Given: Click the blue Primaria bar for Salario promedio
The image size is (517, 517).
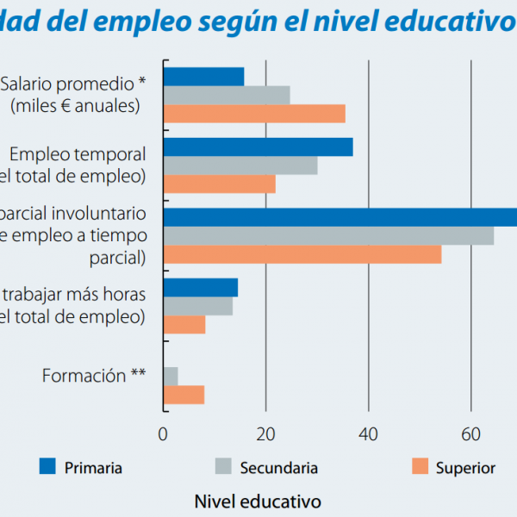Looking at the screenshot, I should click(203, 76).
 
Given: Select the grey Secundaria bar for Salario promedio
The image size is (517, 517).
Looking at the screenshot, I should click(227, 95).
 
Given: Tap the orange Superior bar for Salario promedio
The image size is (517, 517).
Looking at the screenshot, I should click(254, 114).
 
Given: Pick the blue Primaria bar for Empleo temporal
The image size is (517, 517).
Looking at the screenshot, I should click(258, 147).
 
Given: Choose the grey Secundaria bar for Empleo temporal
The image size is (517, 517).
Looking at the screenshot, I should click(240, 165).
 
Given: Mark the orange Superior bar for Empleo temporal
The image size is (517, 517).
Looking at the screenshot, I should click(220, 184).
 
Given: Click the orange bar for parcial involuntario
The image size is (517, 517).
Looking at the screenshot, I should click(302, 254).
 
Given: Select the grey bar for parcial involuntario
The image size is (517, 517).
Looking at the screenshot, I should click(328, 235).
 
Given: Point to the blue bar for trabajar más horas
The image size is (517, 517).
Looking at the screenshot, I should click(201, 288).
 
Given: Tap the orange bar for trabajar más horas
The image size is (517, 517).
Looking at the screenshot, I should click(184, 325).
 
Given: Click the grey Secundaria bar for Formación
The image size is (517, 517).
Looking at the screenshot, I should click(171, 377).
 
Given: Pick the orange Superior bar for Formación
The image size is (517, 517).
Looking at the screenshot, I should click(184, 395).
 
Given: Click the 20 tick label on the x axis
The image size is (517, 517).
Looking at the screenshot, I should click(265, 434).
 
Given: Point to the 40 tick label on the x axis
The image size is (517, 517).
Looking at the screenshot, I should click(368, 434).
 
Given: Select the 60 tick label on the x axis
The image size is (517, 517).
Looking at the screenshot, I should click(470, 434).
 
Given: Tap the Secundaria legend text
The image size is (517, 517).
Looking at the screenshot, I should click(278, 468).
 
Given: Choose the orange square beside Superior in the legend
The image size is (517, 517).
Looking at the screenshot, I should click(420, 467).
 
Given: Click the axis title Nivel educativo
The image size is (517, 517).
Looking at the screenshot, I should click(258, 501).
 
